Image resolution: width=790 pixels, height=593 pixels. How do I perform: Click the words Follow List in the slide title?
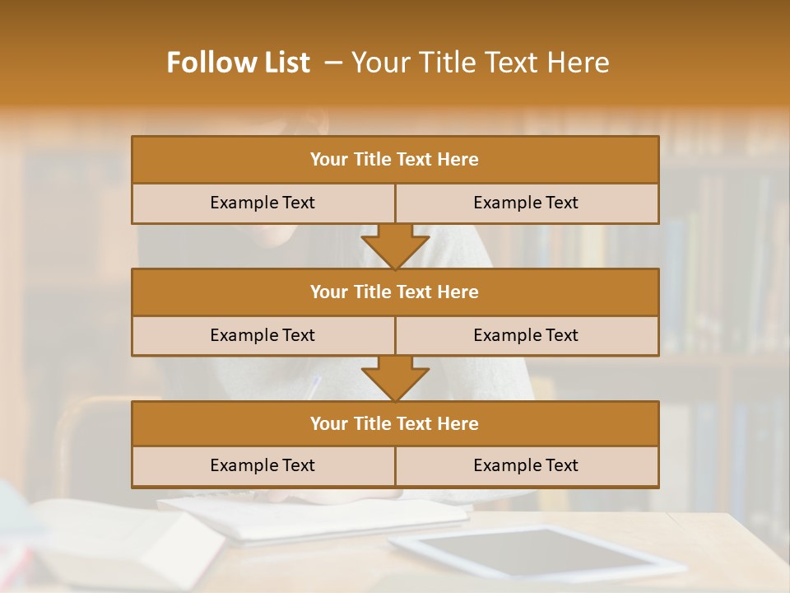[x=238, y=63]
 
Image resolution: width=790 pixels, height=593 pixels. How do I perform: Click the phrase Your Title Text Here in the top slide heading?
[x=480, y=63]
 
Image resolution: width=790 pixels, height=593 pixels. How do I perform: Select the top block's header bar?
[x=395, y=160]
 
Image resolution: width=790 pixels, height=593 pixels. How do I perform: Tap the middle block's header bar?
[x=395, y=292]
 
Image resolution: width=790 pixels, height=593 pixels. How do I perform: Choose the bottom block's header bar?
[x=395, y=424]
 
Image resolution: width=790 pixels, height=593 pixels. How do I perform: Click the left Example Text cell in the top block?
[x=263, y=203]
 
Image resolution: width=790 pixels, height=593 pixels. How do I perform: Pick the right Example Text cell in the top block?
[x=526, y=203]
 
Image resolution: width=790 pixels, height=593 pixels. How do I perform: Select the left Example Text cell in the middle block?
[x=263, y=336]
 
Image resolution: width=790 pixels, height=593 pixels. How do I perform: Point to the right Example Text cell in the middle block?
[x=526, y=336]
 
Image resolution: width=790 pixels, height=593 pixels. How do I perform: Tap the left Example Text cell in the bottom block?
[x=263, y=466]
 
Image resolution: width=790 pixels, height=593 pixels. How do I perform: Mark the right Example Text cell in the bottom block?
[x=526, y=466]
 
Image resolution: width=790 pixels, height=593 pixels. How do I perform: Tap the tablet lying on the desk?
[x=535, y=552]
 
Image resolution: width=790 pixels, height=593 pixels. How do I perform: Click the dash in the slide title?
[x=332, y=63]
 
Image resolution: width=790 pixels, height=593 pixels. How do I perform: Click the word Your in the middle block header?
[x=328, y=292]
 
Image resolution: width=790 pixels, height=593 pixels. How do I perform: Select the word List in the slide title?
[x=282, y=63]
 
